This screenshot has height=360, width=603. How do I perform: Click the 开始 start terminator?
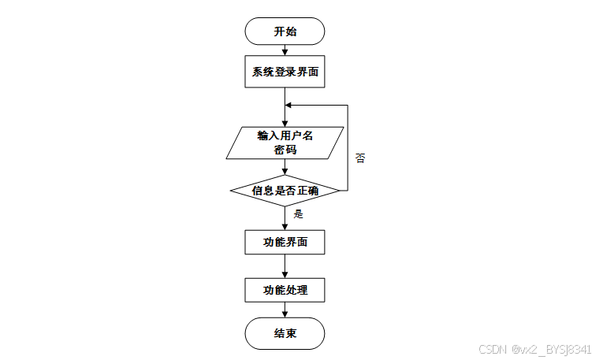285,32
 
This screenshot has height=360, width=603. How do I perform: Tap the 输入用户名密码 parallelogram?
285,142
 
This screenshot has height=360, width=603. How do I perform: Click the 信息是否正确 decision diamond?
285,191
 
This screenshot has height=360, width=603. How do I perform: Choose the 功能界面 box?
285,242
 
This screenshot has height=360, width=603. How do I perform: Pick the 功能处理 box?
285,290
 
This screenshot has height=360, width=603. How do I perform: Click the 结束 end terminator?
285,333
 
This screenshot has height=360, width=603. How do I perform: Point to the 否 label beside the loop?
359,158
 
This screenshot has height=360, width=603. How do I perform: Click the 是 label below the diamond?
298,213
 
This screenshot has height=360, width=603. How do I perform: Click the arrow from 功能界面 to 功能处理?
285,266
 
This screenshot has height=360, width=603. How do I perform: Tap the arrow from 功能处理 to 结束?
285,310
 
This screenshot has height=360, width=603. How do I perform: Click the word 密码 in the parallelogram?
285,149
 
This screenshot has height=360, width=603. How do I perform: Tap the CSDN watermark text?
534,349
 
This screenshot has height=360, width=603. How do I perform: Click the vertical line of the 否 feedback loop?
348,150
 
